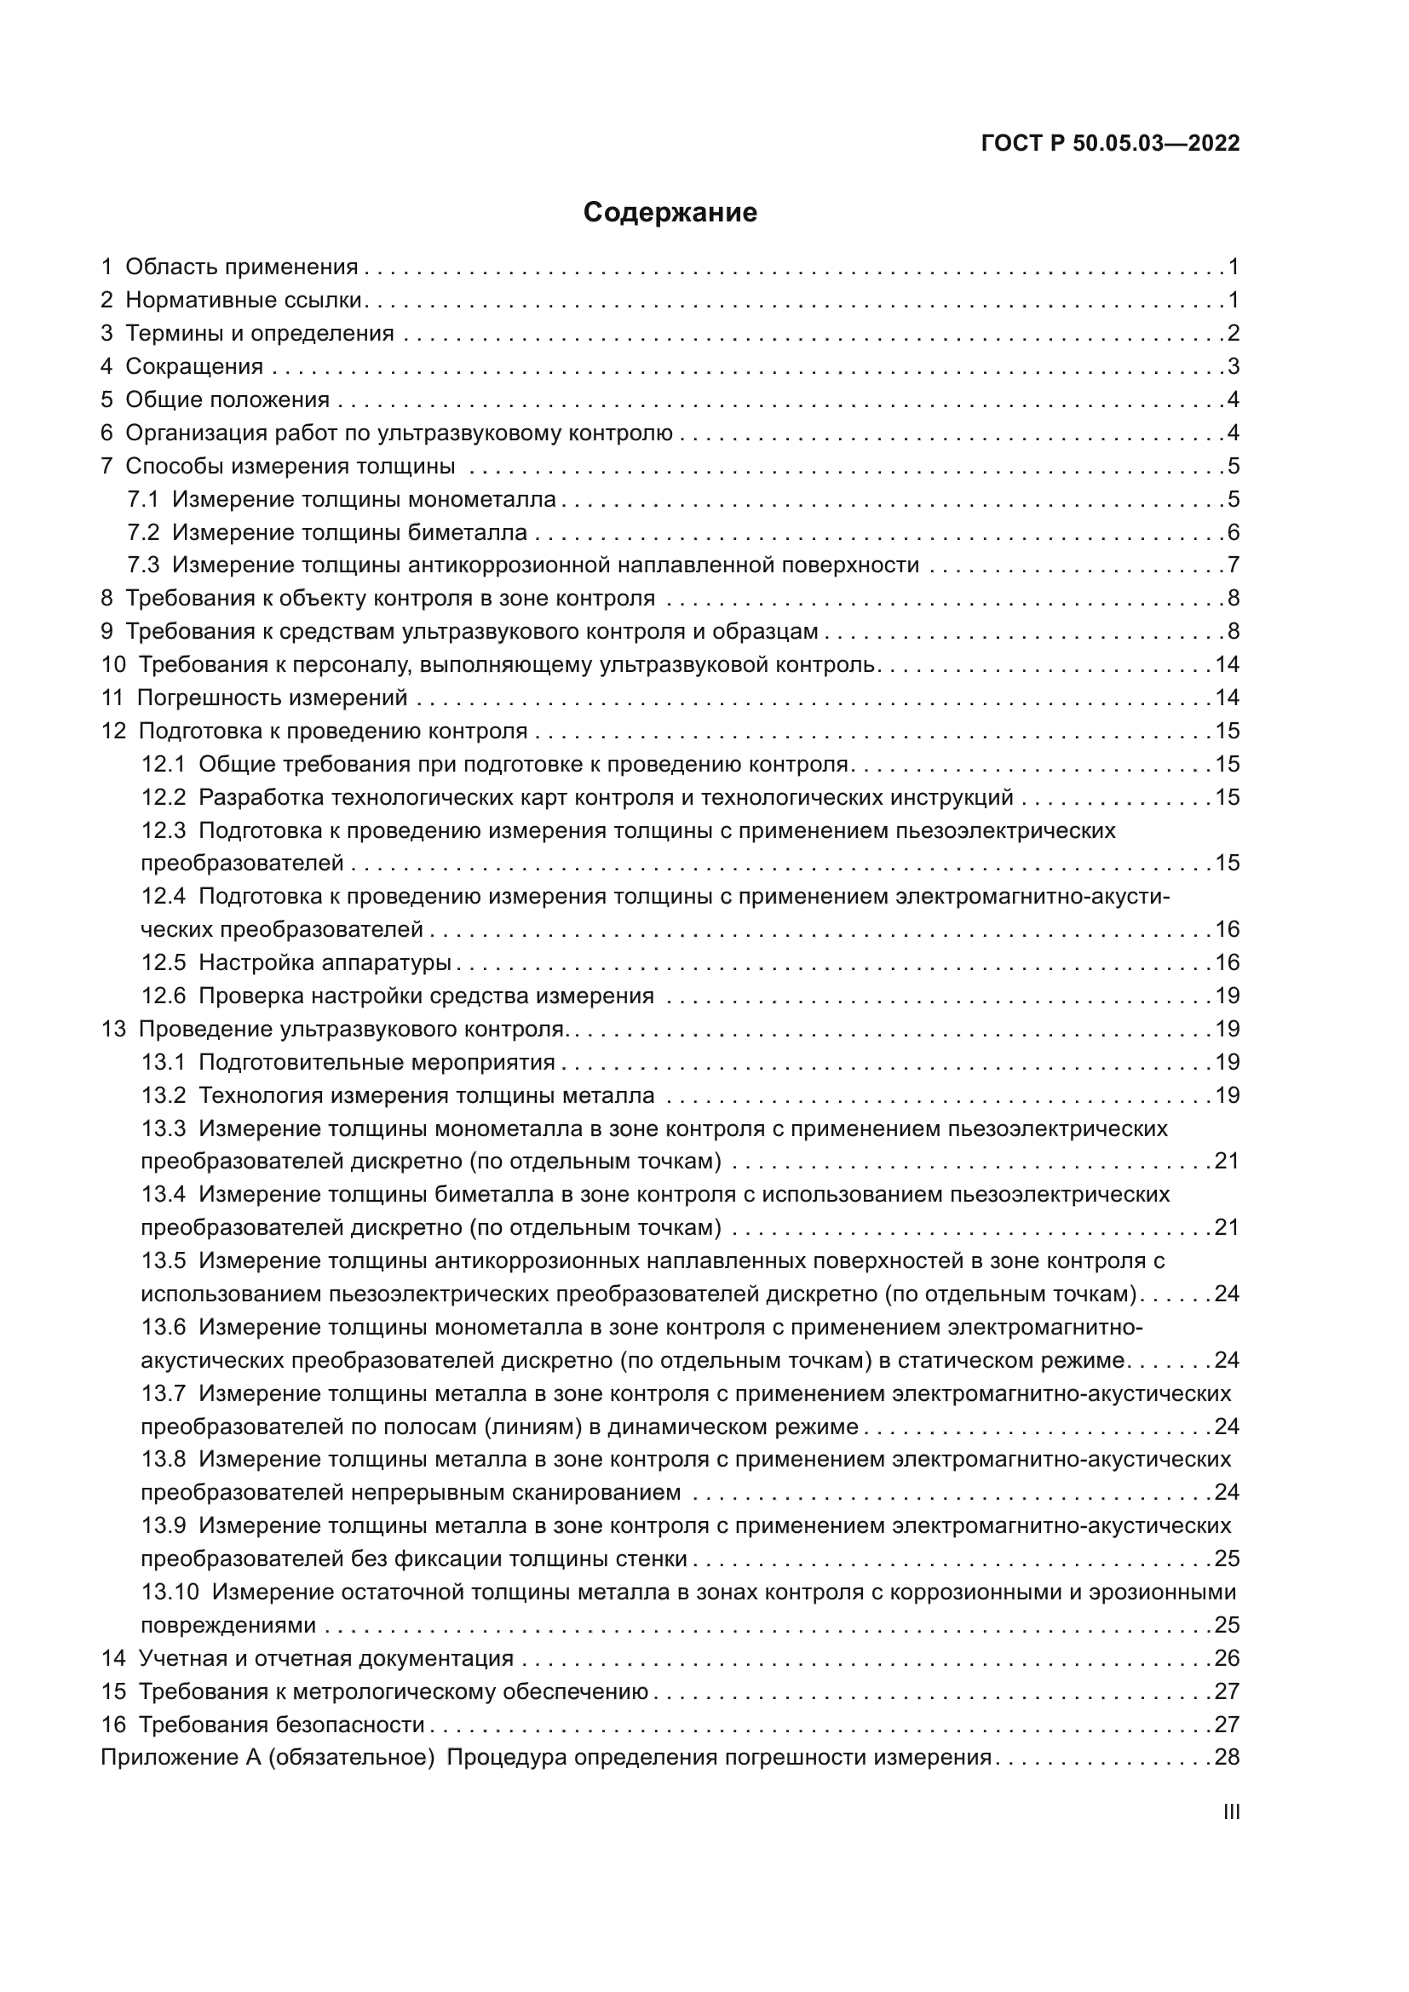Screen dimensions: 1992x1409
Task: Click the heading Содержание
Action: pos(670,213)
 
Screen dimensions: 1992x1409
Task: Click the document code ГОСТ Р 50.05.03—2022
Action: pos(1110,144)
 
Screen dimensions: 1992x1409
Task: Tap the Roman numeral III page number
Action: pos(1230,1811)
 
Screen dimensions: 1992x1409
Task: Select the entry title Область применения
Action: pos(241,267)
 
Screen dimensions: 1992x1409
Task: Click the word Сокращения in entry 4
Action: pos(194,367)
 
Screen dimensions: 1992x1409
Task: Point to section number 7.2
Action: pos(143,532)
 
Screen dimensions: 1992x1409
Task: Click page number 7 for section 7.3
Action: pos(1233,565)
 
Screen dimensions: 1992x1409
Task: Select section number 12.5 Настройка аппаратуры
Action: pos(164,963)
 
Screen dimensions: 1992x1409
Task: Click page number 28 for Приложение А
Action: pos(1227,1758)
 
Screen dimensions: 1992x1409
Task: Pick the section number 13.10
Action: pos(170,1592)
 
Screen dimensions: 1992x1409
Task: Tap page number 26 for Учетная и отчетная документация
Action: pos(1227,1659)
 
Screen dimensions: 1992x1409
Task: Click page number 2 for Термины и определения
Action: pos(1233,334)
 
